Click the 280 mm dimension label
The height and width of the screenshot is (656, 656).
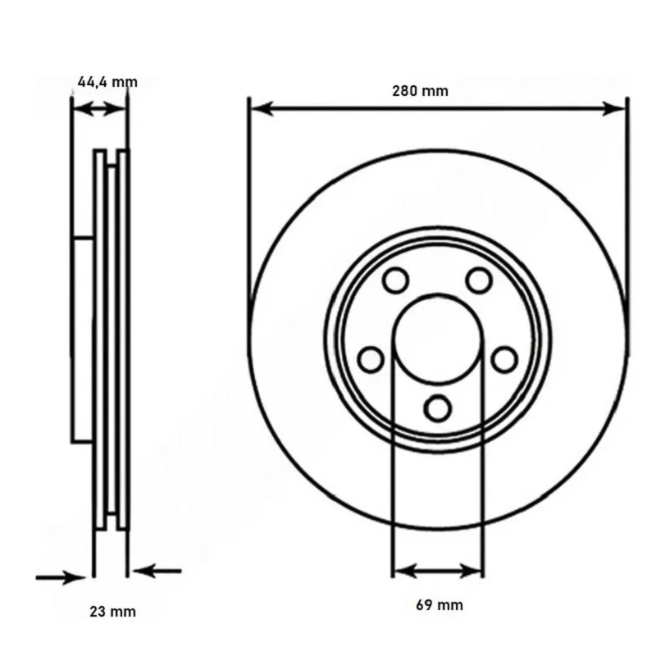pyautogui.click(x=420, y=91)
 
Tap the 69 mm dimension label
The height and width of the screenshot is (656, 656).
pyautogui.click(x=440, y=605)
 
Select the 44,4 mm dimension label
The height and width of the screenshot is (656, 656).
pyautogui.click(x=107, y=81)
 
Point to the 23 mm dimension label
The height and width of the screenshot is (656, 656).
pyautogui.click(x=112, y=612)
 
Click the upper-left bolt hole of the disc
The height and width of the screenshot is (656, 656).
pyautogui.click(x=395, y=280)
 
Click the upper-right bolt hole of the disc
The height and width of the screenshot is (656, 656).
pyautogui.click(x=479, y=280)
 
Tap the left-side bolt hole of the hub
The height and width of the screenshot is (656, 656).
pyautogui.click(x=371, y=359)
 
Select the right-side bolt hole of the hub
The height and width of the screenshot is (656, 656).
pyautogui.click(x=504, y=359)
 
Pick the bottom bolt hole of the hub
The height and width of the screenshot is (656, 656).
pyautogui.click(x=438, y=408)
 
